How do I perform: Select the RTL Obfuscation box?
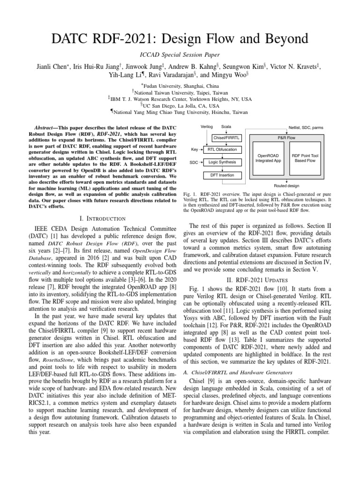tap(222, 150)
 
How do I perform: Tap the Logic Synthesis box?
tap(222, 162)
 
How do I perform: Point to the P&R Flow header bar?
tap(286, 138)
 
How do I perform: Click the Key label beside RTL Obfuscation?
tap(195, 150)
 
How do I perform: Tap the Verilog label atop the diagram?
tap(206, 127)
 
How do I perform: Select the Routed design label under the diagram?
tap(286, 186)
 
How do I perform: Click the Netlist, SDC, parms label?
tap(305, 127)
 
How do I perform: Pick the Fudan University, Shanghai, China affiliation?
tap(180, 86)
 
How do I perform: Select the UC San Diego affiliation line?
tap(180, 105)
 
